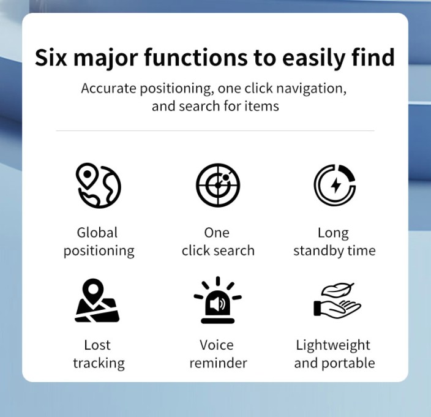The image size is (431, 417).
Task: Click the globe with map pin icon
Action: (98, 186)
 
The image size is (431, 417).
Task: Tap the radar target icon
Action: (218, 186)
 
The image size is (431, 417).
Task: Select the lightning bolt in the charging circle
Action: (335, 186)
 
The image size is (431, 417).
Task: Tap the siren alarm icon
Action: (218, 300)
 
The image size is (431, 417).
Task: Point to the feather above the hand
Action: (338, 290)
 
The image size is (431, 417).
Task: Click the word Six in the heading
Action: (51, 58)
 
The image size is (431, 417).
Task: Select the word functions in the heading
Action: (196, 57)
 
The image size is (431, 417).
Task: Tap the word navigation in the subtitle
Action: (311, 89)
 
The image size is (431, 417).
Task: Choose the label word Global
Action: (97, 233)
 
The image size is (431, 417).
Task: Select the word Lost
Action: (97, 345)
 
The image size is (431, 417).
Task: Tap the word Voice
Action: (217, 345)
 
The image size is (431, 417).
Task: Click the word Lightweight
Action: (333, 345)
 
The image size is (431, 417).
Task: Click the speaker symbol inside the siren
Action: (217, 304)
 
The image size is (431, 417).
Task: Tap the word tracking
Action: (99, 364)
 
